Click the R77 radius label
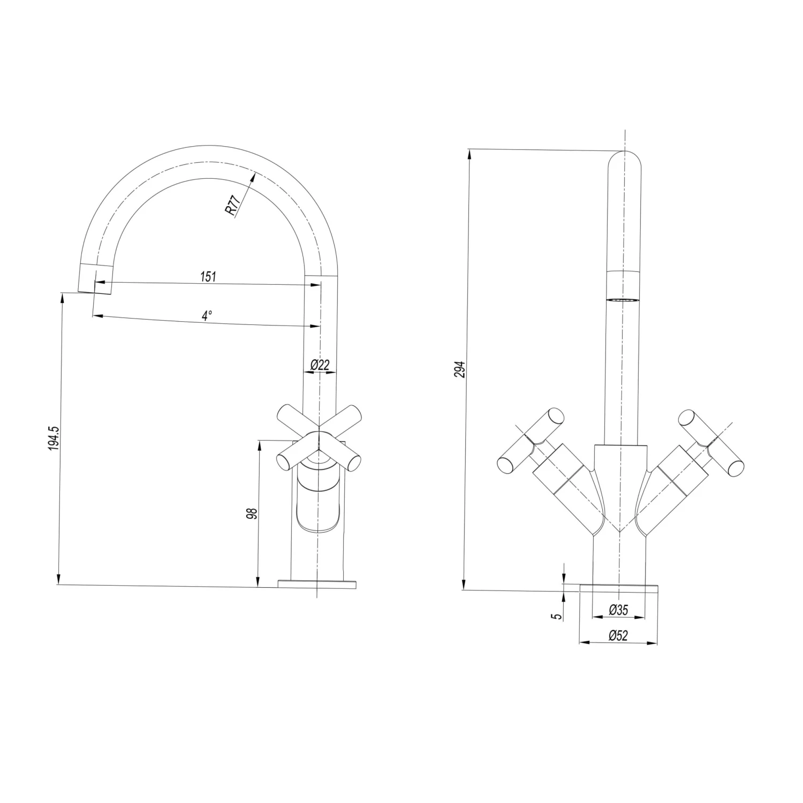click(232, 206)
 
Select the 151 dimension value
click(208, 276)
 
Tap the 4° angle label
click(207, 315)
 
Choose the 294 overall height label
click(461, 369)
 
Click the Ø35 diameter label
click(618, 609)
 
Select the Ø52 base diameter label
click(618, 635)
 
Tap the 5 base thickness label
click(558, 616)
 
